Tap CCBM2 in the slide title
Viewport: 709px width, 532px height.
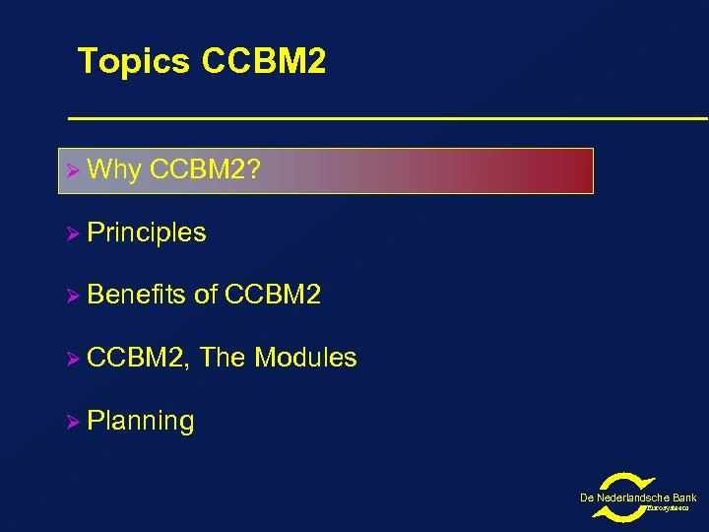pyautogui.click(x=263, y=62)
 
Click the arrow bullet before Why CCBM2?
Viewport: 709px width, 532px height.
pyautogui.click(x=71, y=170)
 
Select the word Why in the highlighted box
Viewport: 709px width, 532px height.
pyautogui.click(x=114, y=170)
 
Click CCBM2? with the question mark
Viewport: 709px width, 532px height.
pyautogui.click(x=206, y=170)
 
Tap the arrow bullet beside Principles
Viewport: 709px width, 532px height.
pyautogui.click(x=71, y=233)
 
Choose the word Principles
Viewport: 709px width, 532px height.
pyautogui.click(x=147, y=233)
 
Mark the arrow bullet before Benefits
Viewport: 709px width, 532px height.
pyautogui.click(x=71, y=296)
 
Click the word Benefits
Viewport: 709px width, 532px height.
pyautogui.click(x=137, y=295)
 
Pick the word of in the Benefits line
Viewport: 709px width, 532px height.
pyautogui.click(x=206, y=295)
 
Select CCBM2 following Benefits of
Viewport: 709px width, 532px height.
pyautogui.click(x=273, y=295)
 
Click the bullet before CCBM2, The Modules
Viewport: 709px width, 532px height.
pyautogui.click(x=71, y=359)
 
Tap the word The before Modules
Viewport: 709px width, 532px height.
pyautogui.click(x=223, y=358)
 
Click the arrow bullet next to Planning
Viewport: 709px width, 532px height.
pyautogui.click(x=71, y=422)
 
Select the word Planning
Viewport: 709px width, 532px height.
pyautogui.click(x=141, y=422)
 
